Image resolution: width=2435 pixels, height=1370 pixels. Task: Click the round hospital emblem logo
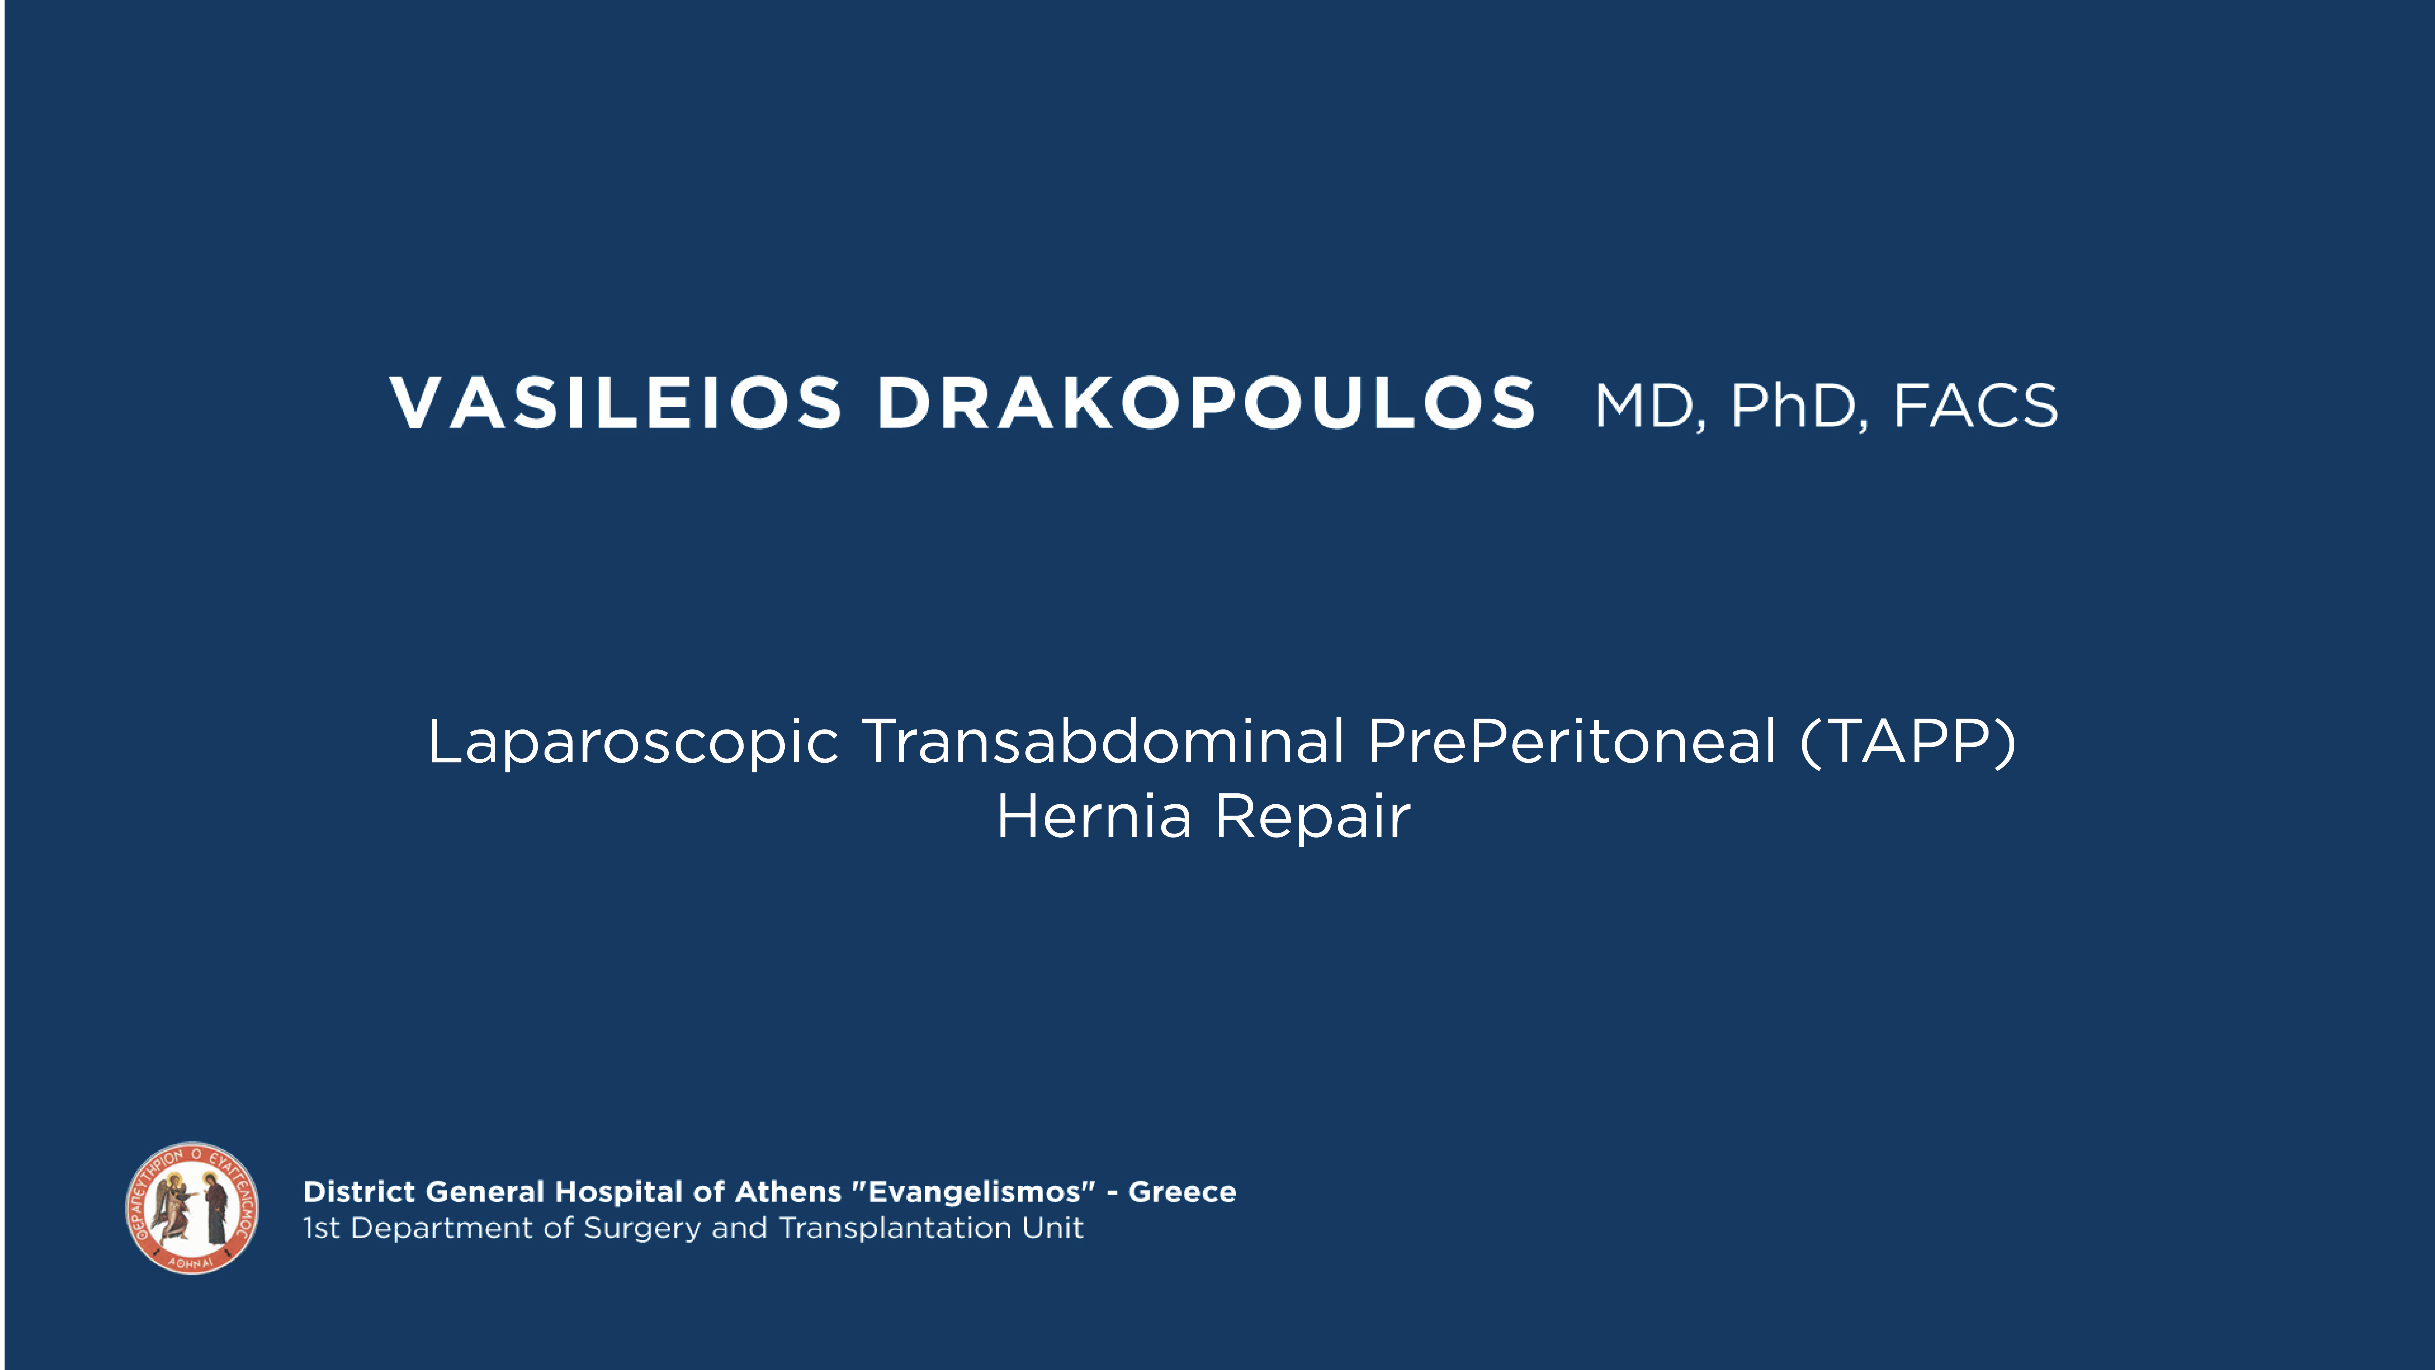tap(192, 1207)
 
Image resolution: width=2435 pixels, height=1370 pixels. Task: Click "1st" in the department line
tap(321, 1228)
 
